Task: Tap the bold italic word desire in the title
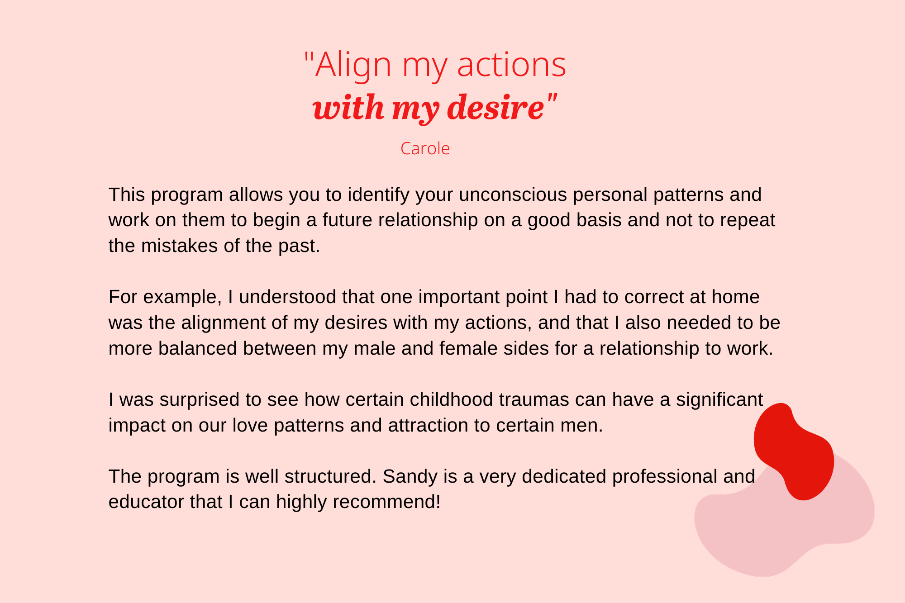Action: pyautogui.click(x=495, y=108)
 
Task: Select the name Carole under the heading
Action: pyautogui.click(x=425, y=148)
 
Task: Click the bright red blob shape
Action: pyautogui.click(x=794, y=452)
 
